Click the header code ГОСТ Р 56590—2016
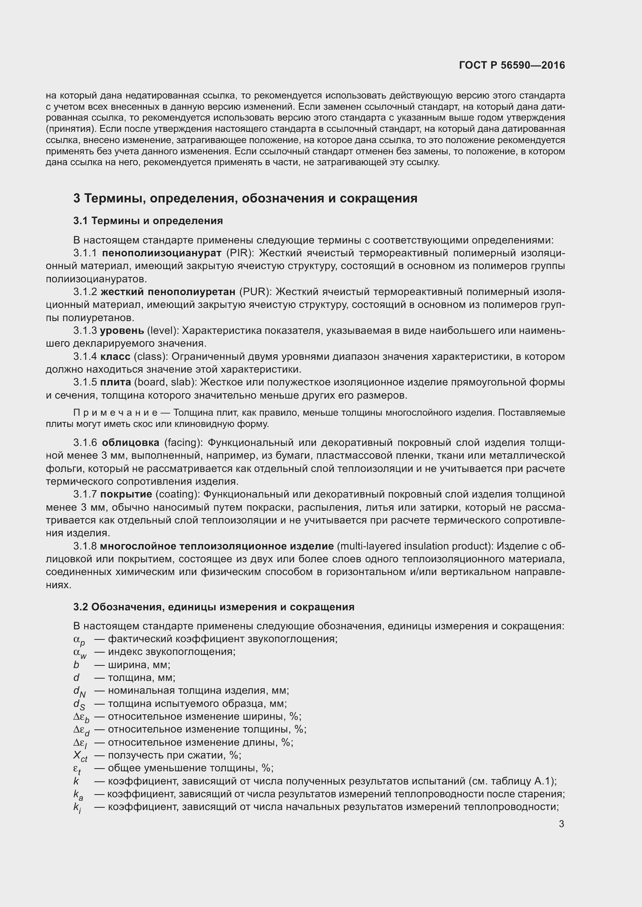pos(512,65)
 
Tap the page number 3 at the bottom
pos(561,824)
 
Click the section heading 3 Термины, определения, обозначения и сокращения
pos(245,198)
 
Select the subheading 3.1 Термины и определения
pos(148,221)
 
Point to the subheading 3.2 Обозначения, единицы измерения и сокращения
pos(213,607)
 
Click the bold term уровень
pos(122,330)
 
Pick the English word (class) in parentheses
pos(151,356)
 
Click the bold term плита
pos(115,382)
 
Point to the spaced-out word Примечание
pos(115,413)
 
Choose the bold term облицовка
pos(130,442)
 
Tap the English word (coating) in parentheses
pos(177,494)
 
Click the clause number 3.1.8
pos(85,546)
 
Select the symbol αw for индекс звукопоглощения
pos(80,653)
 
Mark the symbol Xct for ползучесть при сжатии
pos(80,756)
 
